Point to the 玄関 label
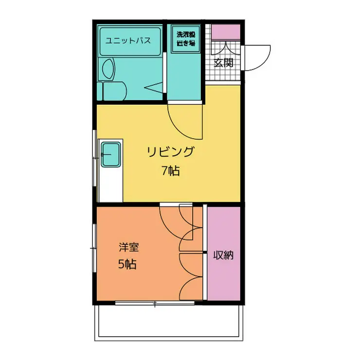coord(224,62)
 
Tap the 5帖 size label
coord(127,265)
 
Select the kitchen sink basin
coord(111,154)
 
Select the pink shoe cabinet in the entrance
coord(226,32)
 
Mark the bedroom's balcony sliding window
coord(155,304)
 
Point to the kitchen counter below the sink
coord(111,185)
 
